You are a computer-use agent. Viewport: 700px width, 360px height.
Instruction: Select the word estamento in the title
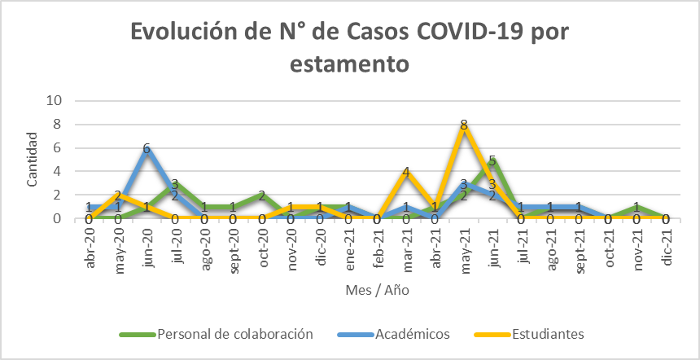coord(349,63)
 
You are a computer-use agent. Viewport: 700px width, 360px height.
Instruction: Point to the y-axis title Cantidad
coord(33,160)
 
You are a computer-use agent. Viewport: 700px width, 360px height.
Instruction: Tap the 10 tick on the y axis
coord(57,101)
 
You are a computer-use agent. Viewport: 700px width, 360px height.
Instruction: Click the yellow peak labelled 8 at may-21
coord(463,125)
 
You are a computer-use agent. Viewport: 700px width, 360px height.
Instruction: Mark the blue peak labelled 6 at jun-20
coord(146,148)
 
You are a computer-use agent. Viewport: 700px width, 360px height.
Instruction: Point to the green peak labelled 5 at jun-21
coord(492,160)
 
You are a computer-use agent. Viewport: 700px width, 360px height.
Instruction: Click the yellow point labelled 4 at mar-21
coord(405,172)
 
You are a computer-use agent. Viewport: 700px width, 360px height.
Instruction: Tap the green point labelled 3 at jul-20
coord(175,183)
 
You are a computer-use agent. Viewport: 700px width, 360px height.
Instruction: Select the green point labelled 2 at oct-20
coord(261,195)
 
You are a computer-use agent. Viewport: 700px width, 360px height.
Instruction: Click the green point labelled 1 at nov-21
coord(637,207)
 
